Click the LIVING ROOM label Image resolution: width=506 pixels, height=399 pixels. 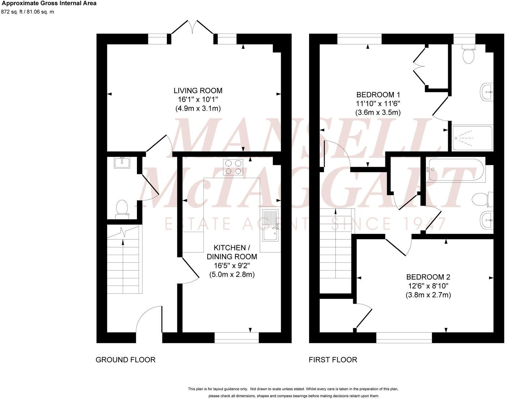[198, 90]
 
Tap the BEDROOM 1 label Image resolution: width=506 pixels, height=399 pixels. [378, 95]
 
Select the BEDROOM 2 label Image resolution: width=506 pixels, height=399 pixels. [428, 277]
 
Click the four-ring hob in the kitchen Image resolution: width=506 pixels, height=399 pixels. [233, 167]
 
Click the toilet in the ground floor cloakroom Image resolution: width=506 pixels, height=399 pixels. [122, 209]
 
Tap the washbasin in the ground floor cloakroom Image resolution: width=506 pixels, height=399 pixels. [122, 162]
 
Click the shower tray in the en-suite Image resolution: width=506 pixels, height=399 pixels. [472, 138]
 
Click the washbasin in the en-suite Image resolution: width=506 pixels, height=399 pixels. [487, 92]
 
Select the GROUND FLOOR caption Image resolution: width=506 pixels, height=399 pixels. [125, 360]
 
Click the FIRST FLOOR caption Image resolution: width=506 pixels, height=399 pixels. [333, 360]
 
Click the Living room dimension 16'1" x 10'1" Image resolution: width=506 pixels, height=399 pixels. [198, 99]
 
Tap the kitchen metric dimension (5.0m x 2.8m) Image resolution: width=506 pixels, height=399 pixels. [232, 274]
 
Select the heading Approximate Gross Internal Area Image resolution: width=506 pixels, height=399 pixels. [49, 4]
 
